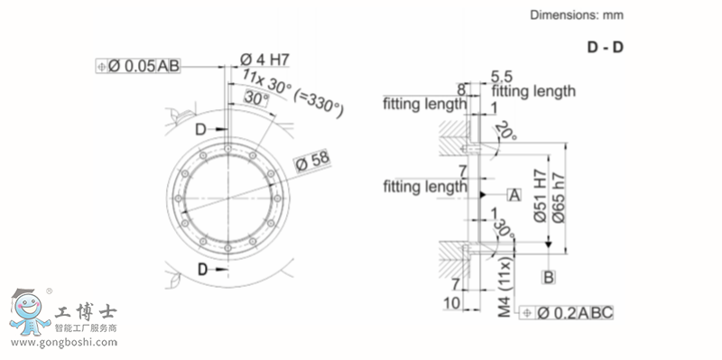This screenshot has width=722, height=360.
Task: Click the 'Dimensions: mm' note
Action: point(576,14)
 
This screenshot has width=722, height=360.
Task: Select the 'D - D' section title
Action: point(605,47)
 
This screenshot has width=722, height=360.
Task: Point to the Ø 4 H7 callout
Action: point(264,59)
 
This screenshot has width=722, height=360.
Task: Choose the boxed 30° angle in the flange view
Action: point(255,97)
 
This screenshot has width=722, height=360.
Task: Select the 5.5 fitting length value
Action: point(503,78)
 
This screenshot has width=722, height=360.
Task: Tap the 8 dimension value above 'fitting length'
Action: point(461,89)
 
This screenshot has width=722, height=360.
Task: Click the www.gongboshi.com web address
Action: point(64,344)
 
